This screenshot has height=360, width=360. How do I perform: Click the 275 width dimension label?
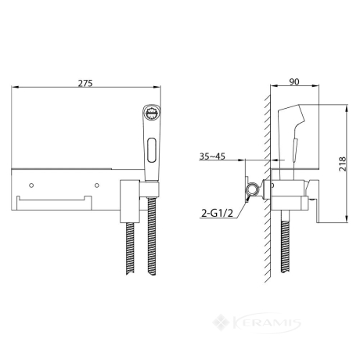pos(85,83)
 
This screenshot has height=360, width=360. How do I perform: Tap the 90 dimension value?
pos(294,81)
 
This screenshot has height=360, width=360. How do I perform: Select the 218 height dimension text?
pos(342,164)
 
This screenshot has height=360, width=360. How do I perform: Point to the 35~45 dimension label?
pos(212,156)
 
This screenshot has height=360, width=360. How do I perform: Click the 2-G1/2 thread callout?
pos(217,214)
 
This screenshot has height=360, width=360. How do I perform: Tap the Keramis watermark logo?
pos(257,323)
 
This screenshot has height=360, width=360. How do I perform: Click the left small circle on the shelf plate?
pos(31,185)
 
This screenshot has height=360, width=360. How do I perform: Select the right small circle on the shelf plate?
pos(97,185)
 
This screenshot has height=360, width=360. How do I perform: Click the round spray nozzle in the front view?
pos(152,113)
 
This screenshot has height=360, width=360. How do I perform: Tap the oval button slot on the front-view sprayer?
pos(152,149)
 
